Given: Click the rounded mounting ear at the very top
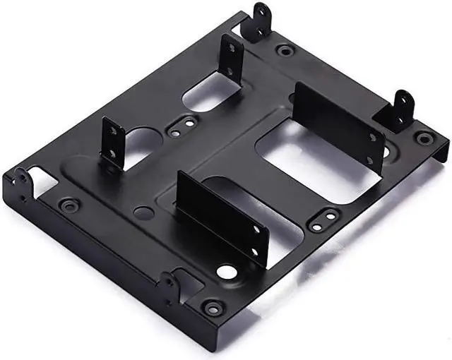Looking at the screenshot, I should click(263, 19).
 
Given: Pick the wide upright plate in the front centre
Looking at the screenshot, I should click(222, 216).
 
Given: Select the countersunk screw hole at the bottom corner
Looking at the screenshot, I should click(210, 308).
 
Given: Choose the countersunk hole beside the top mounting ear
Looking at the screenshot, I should click(285, 50).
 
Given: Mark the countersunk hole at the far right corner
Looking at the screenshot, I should click(423, 138).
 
